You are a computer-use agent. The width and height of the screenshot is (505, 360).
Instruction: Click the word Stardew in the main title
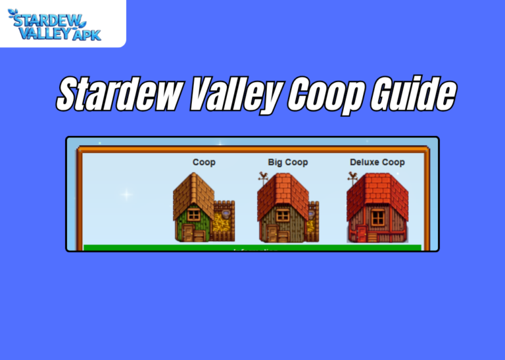(118, 96)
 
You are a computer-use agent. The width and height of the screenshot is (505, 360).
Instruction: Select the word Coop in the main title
(324, 96)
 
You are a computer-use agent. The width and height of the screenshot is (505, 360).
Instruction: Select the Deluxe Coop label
(377, 162)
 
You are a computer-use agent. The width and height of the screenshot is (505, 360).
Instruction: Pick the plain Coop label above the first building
(203, 162)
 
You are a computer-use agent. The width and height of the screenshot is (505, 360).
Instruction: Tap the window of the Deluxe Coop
(377, 217)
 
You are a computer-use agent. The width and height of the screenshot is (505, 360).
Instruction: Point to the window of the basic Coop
(193, 215)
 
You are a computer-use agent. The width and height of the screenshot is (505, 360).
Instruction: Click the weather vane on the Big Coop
(264, 177)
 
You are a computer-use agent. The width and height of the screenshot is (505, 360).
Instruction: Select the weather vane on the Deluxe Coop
(352, 177)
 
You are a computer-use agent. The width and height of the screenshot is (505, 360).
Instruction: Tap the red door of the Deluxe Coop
(360, 234)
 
